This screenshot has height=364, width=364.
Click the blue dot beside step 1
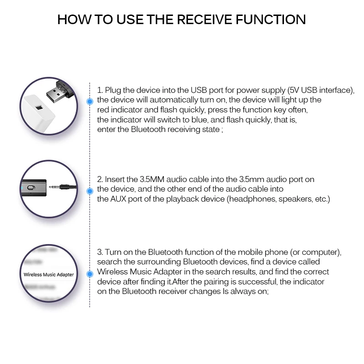[x=90, y=101]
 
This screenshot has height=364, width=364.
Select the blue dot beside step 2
[x=90, y=189]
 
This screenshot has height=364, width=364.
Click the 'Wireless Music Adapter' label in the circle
[x=48, y=274]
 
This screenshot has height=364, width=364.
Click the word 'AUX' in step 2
[x=118, y=199]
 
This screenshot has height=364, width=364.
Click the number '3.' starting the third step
[x=101, y=252]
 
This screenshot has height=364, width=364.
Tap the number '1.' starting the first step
[x=101, y=90]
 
